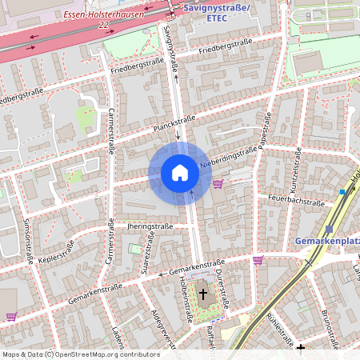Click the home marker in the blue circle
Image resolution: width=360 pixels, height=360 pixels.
179,173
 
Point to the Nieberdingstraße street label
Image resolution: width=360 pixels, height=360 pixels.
228,158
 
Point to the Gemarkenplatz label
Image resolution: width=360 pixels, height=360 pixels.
328,241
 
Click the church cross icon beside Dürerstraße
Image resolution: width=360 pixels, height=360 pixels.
203,294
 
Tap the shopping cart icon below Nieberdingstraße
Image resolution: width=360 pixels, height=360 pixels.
218,183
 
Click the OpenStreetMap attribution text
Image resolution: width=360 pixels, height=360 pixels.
81,354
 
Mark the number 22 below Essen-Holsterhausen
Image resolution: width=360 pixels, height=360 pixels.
102,26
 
